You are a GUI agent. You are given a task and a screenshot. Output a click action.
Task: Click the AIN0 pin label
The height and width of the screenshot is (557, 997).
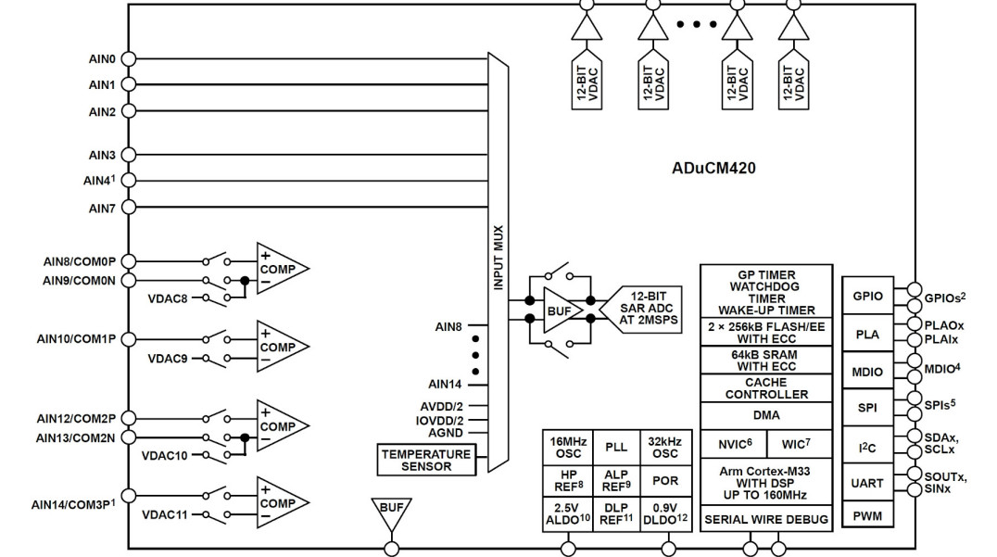102,58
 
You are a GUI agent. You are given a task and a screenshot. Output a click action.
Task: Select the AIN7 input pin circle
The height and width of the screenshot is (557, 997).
129,209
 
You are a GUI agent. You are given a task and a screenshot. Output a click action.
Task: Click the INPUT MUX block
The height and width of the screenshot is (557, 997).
498,260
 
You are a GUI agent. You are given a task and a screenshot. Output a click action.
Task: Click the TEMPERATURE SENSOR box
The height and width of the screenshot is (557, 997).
426,460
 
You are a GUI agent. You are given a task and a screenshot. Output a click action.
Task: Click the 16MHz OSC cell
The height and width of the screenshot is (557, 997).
567,446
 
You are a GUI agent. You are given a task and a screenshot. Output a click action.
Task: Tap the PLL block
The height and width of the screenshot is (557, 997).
616,447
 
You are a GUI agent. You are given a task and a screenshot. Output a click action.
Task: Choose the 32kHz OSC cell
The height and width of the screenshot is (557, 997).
664,446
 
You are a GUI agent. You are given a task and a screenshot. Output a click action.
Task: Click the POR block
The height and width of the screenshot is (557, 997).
664,480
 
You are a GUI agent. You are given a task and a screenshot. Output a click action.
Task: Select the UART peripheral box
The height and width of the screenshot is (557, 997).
866,483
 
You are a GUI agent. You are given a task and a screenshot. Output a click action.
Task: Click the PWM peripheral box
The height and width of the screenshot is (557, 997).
866,515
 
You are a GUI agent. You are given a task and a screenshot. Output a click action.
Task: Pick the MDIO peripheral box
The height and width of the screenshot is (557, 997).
866,372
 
